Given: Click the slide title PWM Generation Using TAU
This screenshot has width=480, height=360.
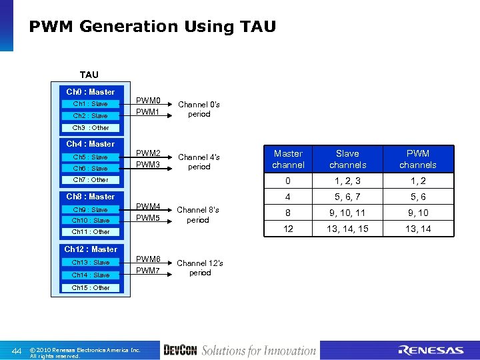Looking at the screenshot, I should (x=152, y=27).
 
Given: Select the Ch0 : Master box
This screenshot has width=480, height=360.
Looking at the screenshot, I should (x=90, y=92).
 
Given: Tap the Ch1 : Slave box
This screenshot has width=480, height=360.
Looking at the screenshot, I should (x=90, y=104).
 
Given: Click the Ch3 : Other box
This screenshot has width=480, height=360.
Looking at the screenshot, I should (x=90, y=127).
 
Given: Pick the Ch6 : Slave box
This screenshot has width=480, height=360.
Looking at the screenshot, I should (x=90, y=169).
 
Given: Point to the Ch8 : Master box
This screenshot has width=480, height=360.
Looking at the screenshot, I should (x=90, y=197).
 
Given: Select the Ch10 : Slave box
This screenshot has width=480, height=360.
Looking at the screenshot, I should (x=90, y=221).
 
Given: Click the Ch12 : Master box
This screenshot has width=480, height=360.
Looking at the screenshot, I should (x=90, y=249).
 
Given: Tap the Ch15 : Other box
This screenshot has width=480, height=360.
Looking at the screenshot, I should (x=90, y=288).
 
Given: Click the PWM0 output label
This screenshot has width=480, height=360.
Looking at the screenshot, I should (x=147, y=101).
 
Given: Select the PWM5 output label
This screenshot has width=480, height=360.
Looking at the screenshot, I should (x=147, y=218).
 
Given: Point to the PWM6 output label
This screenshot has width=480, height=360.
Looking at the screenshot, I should (x=147, y=259).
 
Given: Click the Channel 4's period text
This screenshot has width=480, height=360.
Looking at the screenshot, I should (x=199, y=162).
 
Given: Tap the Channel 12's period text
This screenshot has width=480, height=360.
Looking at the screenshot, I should (x=199, y=267).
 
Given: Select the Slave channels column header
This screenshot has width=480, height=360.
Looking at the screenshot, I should (x=347, y=159).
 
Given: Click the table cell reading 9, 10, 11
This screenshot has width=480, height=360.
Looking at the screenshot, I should (x=347, y=213).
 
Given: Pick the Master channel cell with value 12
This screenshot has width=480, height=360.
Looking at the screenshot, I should (x=288, y=229).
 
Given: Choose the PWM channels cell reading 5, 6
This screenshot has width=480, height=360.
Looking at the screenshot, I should (x=418, y=197).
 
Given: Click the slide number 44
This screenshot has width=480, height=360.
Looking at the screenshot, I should (x=17, y=351).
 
